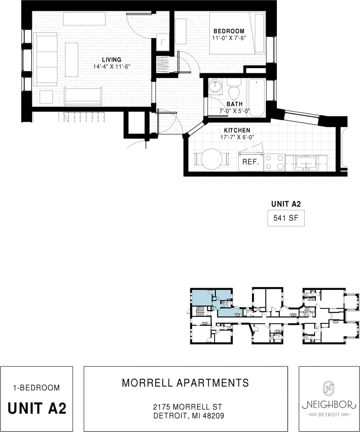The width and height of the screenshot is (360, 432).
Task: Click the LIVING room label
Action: (112, 60)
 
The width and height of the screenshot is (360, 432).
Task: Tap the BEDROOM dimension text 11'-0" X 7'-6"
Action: (229, 38)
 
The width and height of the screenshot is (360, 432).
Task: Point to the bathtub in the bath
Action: (256, 97)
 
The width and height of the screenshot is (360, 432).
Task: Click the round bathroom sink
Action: (215, 87)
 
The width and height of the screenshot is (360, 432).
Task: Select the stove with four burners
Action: (274, 162)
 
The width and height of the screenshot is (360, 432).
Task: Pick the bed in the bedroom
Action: (237, 33)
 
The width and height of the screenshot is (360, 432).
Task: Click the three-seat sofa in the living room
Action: (45, 59)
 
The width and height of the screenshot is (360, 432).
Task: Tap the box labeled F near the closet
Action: (162, 42)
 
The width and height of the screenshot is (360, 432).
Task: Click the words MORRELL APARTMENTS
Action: (185, 383)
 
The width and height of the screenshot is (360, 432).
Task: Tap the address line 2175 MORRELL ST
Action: (188, 407)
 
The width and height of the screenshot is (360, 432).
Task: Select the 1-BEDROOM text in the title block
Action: (36, 388)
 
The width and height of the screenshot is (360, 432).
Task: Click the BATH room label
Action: (234, 104)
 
